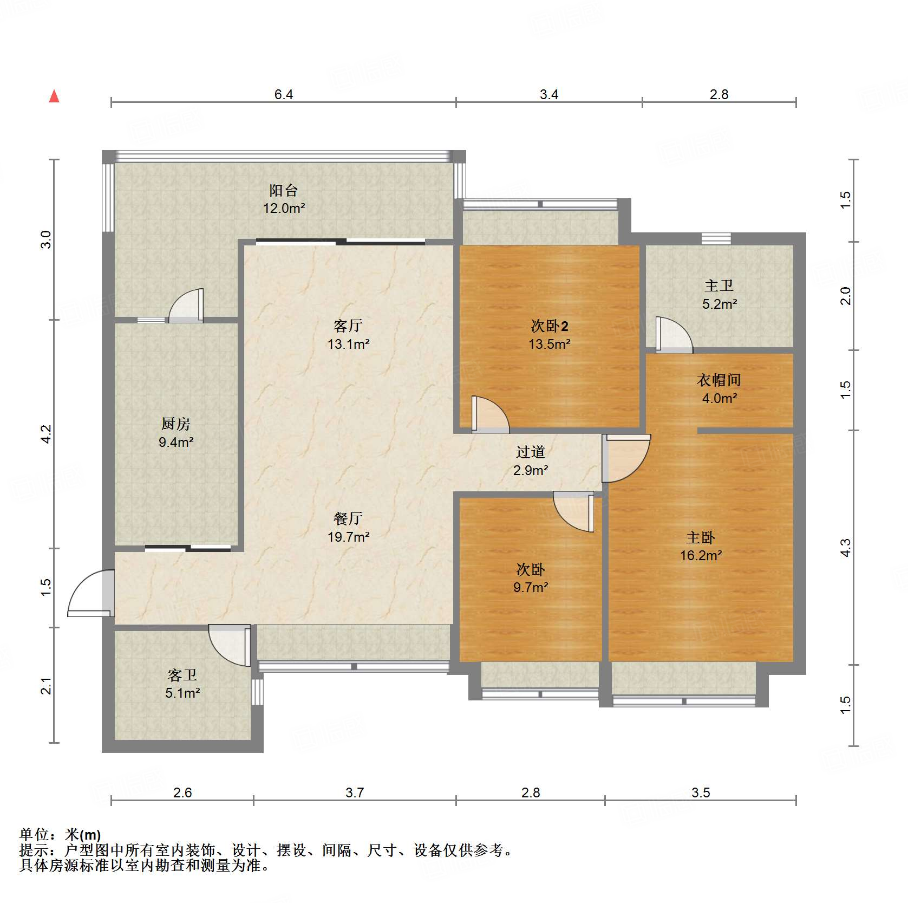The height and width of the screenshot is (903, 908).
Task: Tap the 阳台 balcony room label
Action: click(284, 190)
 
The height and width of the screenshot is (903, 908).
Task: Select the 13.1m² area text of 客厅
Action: click(348, 344)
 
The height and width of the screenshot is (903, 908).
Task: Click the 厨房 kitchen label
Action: click(176, 424)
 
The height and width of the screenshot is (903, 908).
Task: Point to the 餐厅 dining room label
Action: click(348, 518)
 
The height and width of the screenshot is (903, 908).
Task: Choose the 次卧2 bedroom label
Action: click(550, 326)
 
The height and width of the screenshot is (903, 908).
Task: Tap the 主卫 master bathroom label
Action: click(719, 285)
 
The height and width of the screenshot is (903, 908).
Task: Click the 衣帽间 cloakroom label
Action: click(718, 380)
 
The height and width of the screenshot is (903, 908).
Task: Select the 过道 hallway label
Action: click(530, 452)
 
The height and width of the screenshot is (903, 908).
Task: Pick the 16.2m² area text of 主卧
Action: click(701, 555)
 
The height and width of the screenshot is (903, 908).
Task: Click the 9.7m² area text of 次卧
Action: click(531, 587)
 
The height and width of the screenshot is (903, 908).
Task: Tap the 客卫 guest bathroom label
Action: click(182, 675)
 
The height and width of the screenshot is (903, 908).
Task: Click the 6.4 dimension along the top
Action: click(284, 94)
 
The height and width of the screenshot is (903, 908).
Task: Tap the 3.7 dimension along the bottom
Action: click(355, 792)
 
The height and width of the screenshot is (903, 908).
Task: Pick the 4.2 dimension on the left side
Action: click(46, 434)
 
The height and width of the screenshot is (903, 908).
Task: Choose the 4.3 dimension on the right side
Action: click(845, 547)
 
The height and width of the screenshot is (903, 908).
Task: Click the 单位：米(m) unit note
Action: click(60, 835)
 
